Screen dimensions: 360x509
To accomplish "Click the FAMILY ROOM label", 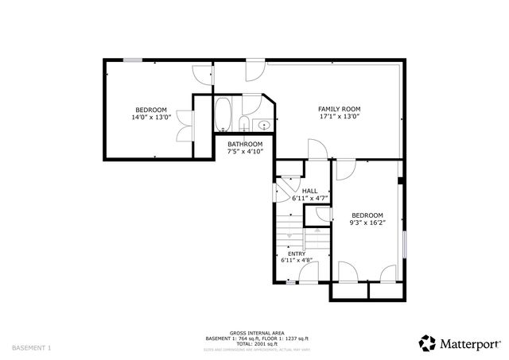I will [340, 109].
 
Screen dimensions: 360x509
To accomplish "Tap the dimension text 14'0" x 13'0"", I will [150, 117].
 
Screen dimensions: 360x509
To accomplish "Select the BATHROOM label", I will [245, 144].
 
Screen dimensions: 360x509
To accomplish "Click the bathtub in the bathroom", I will [223, 115].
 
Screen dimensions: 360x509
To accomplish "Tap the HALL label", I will [309, 191].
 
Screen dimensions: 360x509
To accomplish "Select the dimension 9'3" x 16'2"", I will [367, 223].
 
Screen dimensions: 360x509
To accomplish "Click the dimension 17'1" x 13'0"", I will [340, 117].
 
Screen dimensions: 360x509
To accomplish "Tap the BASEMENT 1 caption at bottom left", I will [32, 347].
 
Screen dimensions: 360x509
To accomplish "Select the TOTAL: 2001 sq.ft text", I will [254, 343].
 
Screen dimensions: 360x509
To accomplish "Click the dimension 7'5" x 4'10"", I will [245, 151].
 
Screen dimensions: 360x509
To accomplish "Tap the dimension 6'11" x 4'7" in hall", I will [309, 198].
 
